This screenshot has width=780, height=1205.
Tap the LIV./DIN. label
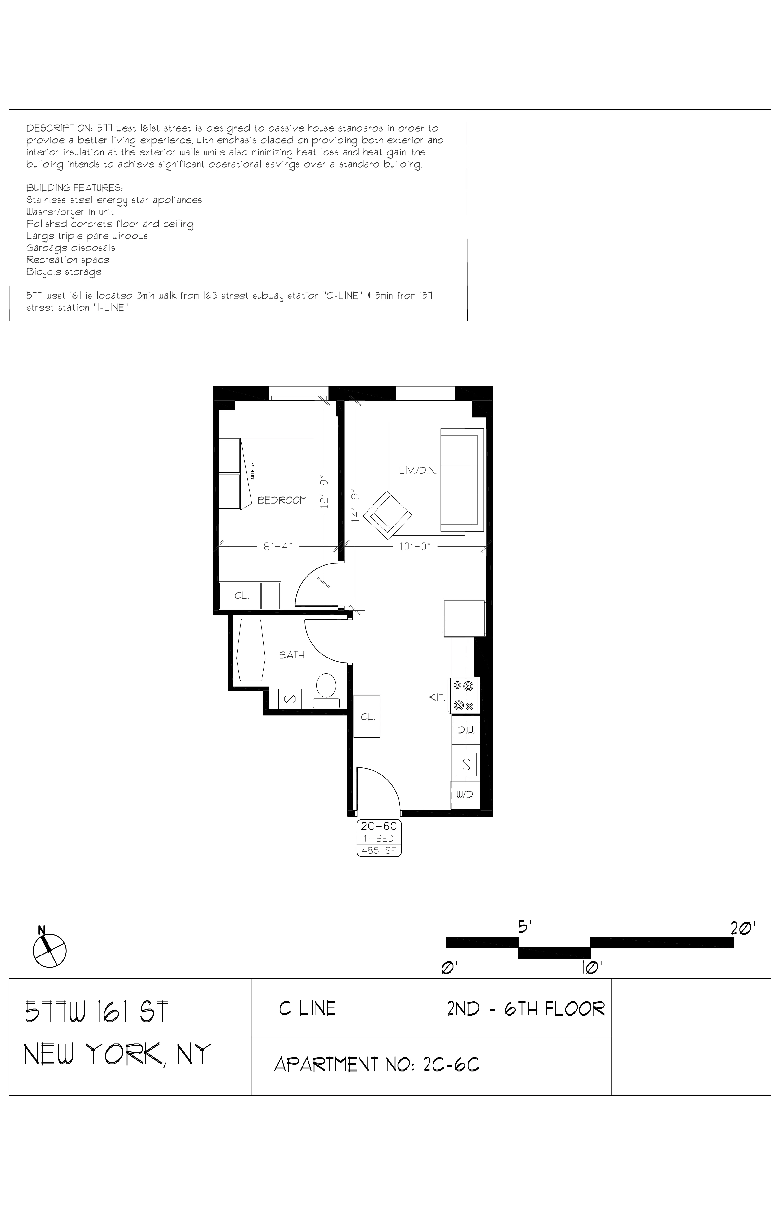(418, 470)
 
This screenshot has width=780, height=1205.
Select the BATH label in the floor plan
(292, 655)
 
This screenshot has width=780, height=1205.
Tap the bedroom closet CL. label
(242, 596)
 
